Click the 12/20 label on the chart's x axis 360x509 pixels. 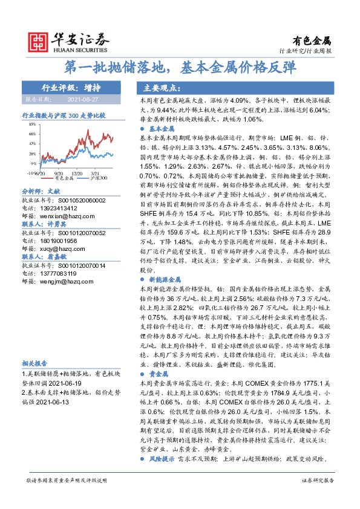click(x=77, y=173)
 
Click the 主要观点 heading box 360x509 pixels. click(x=163, y=86)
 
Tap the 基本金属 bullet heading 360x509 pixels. click(x=161, y=129)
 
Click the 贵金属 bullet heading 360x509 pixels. click(x=157, y=375)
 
